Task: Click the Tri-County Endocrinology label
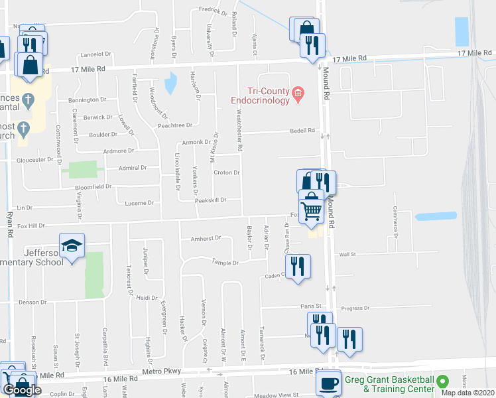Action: pos(261,96)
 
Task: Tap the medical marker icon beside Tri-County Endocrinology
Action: pos(298,94)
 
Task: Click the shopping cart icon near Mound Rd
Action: pos(311,210)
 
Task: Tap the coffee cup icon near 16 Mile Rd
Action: pos(328,383)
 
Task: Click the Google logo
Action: pos(22,390)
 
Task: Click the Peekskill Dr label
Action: pos(211,200)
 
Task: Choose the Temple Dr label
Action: pos(225,263)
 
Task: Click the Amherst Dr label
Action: pos(205,239)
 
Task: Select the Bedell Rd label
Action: pos(302,131)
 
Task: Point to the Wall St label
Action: pos(347,254)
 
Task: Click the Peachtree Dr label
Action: pos(174,125)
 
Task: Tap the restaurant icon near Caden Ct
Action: pos(298,267)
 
